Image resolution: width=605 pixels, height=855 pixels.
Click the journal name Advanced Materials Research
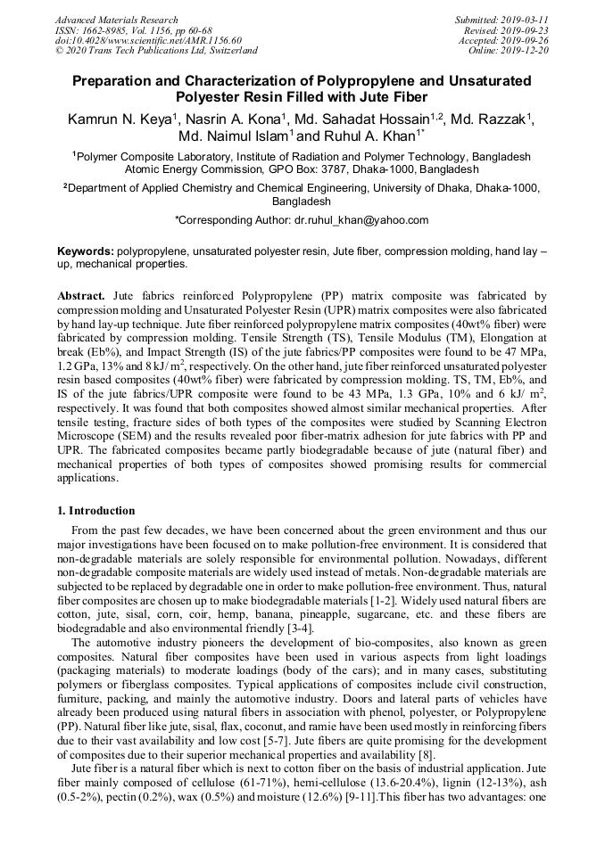pos(116,20)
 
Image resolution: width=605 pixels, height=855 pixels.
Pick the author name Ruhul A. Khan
pos(361,137)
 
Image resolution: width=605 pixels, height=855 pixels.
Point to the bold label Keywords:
pos(86,252)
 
